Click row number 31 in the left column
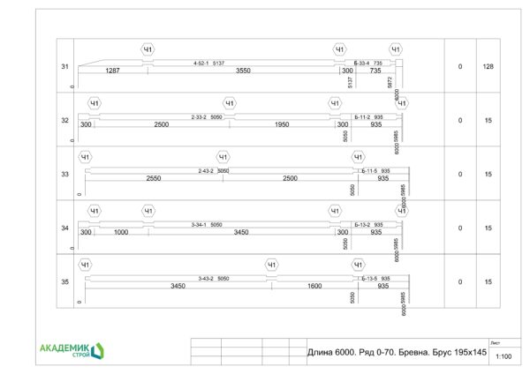pos(64,67)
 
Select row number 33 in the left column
pos(64,175)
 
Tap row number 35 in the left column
pos(64,282)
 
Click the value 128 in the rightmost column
pos(488,67)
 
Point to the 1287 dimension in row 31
pos(112,71)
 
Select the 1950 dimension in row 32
pos(282,124)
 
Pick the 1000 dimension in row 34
pos(121,232)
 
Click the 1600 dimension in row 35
pos(314,286)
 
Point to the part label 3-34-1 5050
pos(207,225)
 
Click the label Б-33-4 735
pos(367,64)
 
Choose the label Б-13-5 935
pos(375,279)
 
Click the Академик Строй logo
pos(72,350)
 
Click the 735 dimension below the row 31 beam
pos(375,71)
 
